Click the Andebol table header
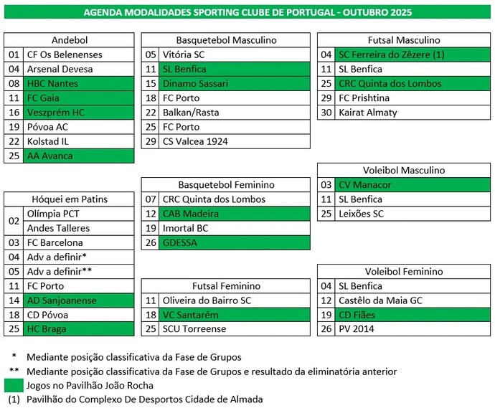tap(70, 40)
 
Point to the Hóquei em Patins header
tap(70, 199)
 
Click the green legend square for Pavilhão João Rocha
tap(13, 386)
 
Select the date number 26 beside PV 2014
tap(326, 329)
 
